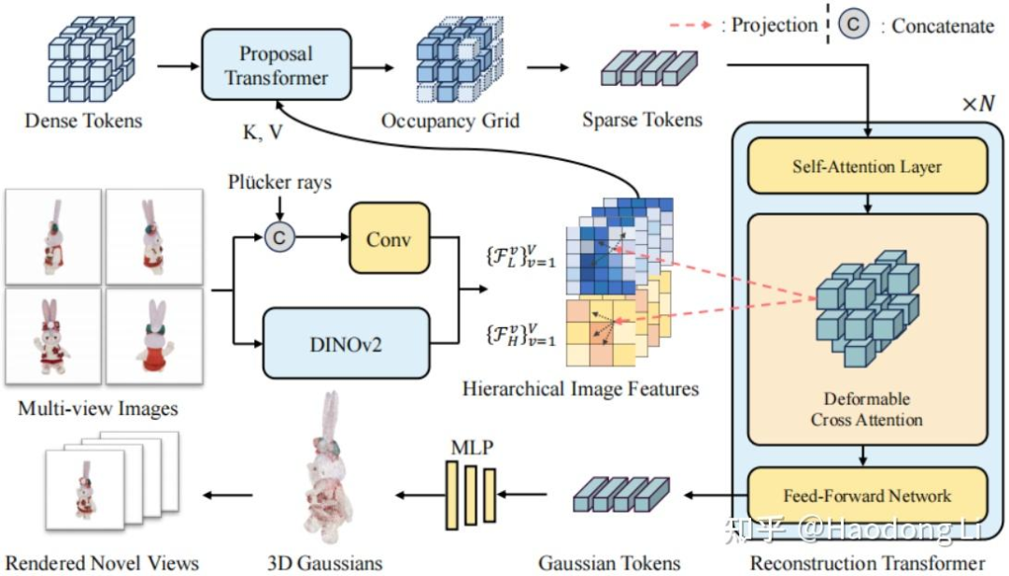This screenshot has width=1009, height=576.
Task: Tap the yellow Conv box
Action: pyautogui.click(x=389, y=239)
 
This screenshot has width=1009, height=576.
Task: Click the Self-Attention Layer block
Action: pyautogui.click(x=867, y=166)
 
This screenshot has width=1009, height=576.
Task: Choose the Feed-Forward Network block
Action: pyautogui.click(x=867, y=495)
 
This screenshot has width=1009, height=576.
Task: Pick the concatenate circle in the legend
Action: pyautogui.click(x=853, y=25)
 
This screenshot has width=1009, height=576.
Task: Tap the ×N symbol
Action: pyautogui.click(x=978, y=103)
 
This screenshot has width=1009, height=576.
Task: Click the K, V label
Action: pyautogui.click(x=263, y=131)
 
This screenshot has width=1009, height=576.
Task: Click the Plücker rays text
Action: pyautogui.click(x=279, y=182)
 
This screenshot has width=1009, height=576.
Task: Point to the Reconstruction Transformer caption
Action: pyautogui.click(x=868, y=562)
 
